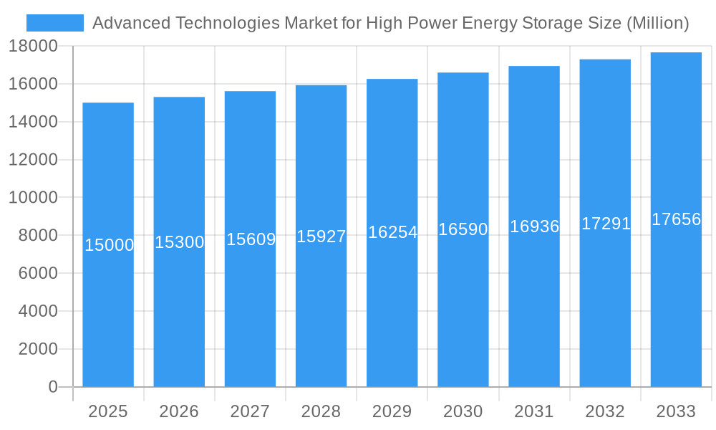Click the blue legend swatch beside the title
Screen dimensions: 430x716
(x=54, y=23)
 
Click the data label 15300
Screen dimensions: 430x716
(x=180, y=242)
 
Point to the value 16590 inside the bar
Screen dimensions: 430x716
(x=463, y=229)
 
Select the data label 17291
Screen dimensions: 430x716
(x=606, y=224)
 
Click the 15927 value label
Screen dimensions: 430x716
(x=321, y=236)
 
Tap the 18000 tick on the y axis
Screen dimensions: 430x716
(x=33, y=47)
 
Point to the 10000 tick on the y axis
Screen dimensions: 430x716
(x=33, y=198)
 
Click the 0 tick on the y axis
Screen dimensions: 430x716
(x=53, y=387)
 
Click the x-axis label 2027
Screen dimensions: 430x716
(x=250, y=411)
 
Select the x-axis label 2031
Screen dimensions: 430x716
(x=534, y=411)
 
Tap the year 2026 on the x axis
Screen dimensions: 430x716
(x=179, y=411)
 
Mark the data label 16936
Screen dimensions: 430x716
(x=534, y=226)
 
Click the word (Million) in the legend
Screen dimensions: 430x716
(x=657, y=23)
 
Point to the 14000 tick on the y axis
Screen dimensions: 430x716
(x=33, y=122)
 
